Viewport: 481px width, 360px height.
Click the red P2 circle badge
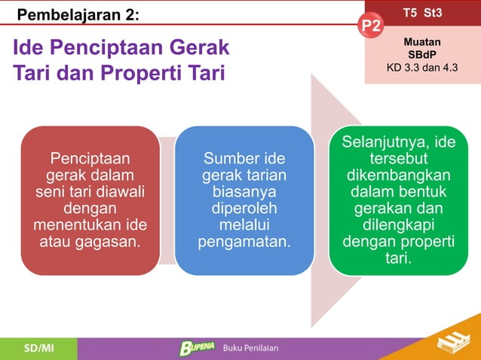pos(372,27)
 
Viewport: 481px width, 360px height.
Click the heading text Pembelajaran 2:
pos(78,14)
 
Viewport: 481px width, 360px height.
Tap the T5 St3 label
pos(422,13)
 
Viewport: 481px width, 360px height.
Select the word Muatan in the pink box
pos(422,43)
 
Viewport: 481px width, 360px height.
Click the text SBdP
pos(422,55)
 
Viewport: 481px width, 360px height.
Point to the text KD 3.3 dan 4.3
pos(422,67)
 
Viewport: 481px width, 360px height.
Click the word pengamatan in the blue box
pos(244,243)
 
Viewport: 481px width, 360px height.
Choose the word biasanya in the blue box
pos(244,192)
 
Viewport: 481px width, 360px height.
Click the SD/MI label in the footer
pos(38,348)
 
